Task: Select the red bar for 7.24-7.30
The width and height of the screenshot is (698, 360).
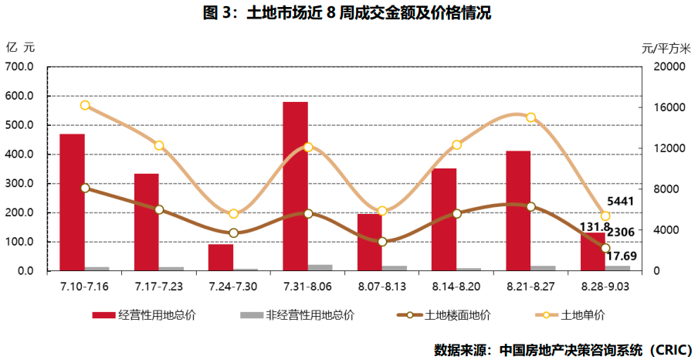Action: point(221,257)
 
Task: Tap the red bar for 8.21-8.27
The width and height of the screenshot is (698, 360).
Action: point(518,210)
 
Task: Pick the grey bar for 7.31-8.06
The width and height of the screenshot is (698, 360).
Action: point(320,267)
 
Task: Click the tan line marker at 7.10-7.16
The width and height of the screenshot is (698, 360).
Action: point(85,105)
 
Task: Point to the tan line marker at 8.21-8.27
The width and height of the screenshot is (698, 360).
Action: point(530,117)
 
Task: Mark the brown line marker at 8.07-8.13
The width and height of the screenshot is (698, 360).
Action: point(382,242)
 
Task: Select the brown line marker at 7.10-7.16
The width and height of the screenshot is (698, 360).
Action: point(85,188)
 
